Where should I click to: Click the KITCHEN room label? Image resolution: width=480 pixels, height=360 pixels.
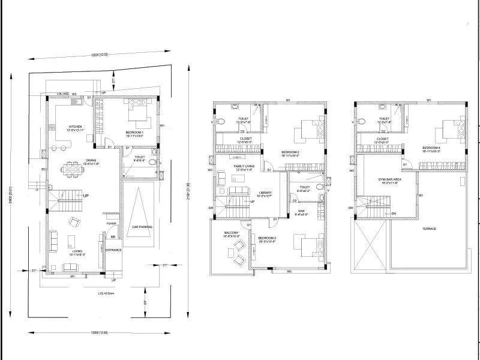75,127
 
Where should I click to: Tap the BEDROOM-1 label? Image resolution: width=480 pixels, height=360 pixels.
137,132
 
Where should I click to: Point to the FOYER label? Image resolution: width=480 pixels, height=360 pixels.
111,224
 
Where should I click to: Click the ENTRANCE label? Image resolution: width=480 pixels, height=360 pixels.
113,250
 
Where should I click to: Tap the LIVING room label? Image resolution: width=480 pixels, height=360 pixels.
76,251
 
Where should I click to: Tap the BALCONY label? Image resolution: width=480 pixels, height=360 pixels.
231,233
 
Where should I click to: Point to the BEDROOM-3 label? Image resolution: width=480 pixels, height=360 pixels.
266,239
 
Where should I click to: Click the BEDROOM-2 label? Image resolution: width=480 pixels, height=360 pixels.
290,152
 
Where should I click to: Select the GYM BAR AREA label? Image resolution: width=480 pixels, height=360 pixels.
389,179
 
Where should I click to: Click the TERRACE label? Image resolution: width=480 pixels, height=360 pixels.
428,229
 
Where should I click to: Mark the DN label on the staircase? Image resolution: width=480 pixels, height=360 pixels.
394,214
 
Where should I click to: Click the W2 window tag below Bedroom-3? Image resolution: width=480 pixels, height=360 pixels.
289,271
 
